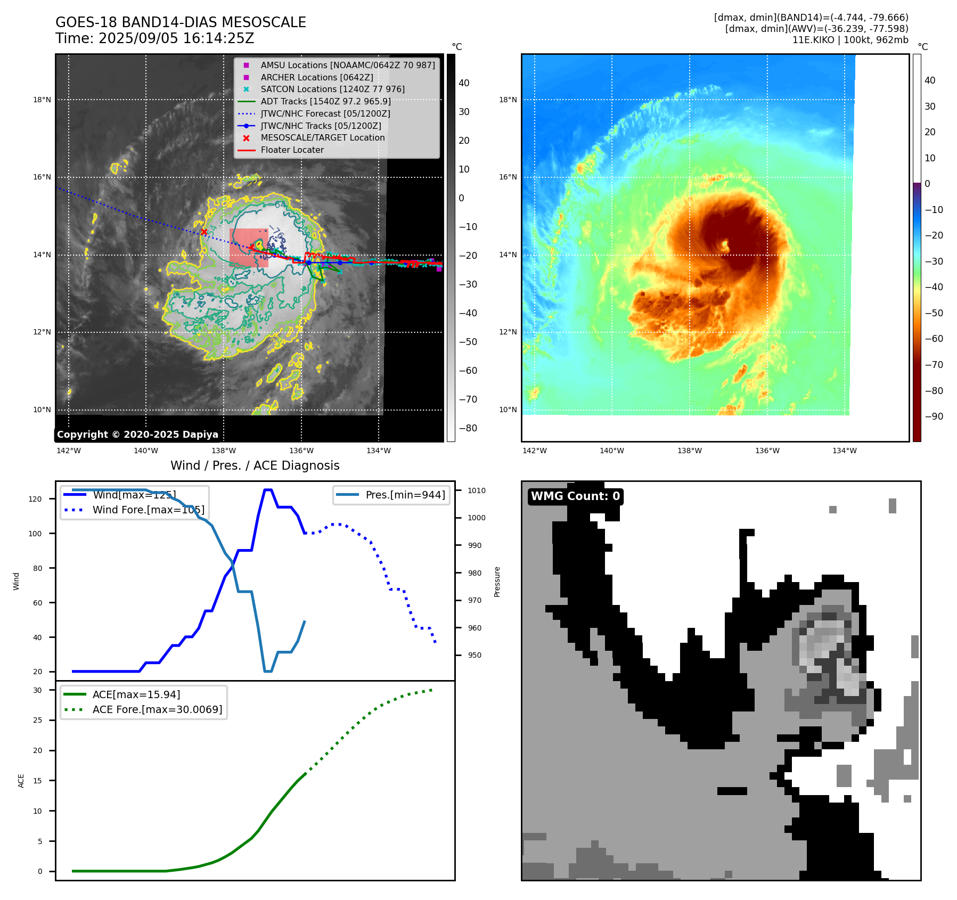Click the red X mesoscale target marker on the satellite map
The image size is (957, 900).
[204, 232]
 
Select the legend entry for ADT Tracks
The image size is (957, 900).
[325, 101]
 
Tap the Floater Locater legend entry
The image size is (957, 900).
[292, 150]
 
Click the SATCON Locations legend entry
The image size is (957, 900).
[332, 89]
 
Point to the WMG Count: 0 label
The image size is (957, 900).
[575, 496]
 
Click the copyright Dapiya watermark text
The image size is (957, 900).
[137, 435]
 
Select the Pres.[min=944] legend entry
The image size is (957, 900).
[405, 495]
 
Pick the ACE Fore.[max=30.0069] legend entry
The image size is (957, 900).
[157, 709]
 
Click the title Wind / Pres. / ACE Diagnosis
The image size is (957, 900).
[255, 465]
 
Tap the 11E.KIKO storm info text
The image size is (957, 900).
[850, 40]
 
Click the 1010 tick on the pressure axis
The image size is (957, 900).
[477, 490]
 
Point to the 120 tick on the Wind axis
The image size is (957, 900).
[35, 499]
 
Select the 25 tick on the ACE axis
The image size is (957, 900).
[37, 720]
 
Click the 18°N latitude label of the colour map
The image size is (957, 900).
[508, 100]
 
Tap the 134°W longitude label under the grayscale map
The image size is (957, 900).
[379, 451]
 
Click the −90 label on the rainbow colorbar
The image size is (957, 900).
[934, 416]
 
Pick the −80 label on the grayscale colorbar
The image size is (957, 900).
[468, 428]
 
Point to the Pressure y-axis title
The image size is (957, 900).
[497, 582]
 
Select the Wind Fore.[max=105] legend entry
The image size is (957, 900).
[148, 510]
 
